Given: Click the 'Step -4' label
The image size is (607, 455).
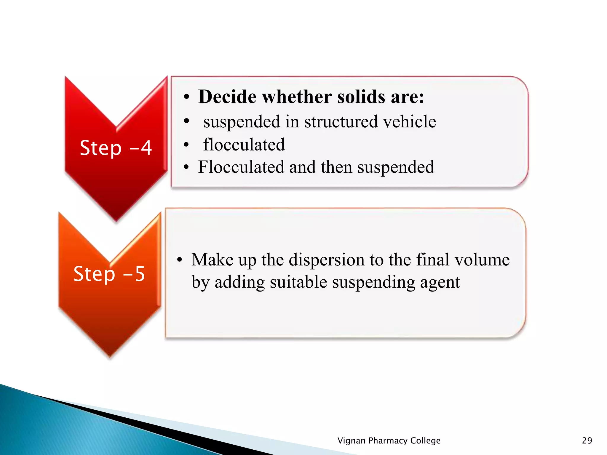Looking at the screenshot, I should [116, 148].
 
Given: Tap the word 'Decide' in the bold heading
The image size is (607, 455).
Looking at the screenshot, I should [227, 97].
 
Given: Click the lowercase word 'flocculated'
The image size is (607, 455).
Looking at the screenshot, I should [244, 145].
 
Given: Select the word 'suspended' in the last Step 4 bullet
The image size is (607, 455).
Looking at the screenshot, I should [396, 167].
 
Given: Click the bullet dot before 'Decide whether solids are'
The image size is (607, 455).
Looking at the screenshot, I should [186, 97].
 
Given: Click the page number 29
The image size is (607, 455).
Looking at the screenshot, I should [587, 440].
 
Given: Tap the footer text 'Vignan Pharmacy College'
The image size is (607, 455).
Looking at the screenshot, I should [389, 440].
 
